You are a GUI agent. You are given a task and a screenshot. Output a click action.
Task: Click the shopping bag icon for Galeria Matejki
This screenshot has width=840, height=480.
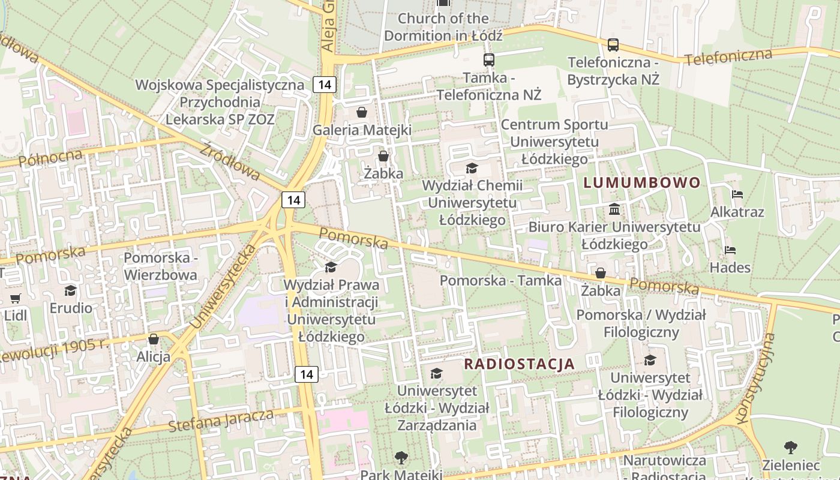(362, 112)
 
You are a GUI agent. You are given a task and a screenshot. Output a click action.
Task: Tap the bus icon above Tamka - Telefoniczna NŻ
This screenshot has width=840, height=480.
(489, 59)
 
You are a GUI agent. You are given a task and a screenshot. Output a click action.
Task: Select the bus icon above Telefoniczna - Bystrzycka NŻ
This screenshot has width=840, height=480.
(613, 44)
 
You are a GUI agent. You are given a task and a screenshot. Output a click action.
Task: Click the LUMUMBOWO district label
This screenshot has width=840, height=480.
(642, 182)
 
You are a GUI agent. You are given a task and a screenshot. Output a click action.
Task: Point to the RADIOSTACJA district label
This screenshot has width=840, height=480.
(520, 364)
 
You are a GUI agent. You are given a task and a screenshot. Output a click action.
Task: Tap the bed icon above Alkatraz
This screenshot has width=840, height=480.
(737, 194)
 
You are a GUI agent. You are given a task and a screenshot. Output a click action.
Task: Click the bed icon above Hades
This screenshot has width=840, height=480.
(730, 250)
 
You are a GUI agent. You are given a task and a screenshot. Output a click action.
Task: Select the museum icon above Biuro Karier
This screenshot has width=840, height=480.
(614, 209)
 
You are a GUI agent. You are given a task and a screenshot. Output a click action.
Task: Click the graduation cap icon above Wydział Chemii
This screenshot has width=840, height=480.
(472, 168)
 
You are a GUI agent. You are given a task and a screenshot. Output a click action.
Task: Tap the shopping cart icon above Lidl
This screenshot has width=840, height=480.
(16, 298)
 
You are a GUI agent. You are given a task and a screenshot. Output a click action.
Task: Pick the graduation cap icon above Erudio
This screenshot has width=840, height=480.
(71, 291)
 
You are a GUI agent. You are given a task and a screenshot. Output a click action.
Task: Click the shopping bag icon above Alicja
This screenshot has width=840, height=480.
(154, 339)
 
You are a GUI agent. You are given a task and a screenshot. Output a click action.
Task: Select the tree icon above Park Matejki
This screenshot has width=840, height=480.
(401, 458)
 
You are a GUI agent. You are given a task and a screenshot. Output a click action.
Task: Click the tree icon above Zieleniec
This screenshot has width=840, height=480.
(791, 447)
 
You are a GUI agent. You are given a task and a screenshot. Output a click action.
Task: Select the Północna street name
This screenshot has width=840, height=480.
(50, 158)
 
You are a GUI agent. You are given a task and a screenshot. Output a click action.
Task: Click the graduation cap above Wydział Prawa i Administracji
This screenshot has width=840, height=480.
(331, 267)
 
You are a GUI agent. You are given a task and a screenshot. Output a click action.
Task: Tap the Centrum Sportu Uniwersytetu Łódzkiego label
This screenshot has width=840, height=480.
(554, 142)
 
